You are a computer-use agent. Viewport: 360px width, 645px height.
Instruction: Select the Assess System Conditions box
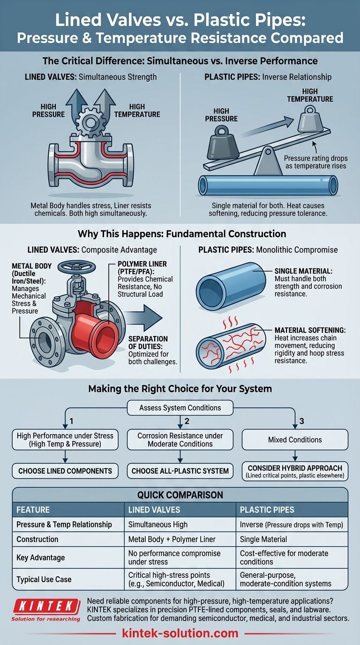pos(180,408)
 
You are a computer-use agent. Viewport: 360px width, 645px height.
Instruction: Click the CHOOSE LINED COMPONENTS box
pos(65,471)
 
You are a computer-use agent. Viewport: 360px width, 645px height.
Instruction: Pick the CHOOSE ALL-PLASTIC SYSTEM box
pos(180,471)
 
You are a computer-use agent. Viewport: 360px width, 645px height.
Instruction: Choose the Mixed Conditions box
pos(295,440)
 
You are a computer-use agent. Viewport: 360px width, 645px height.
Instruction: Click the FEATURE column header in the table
pos(33,510)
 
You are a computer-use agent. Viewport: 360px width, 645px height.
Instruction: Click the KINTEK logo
pos(45,606)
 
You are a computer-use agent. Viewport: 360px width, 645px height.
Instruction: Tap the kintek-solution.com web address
pos(180,634)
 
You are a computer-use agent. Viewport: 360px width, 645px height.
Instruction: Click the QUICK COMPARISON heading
pos(180,495)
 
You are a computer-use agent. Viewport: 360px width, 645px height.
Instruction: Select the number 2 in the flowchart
pos(187,421)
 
